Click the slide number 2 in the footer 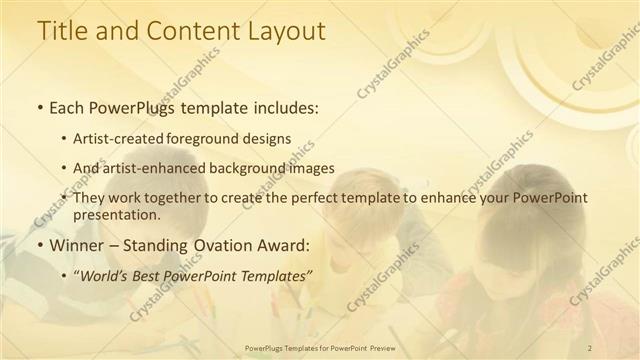tap(590, 347)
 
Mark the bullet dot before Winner tap(39, 245)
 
